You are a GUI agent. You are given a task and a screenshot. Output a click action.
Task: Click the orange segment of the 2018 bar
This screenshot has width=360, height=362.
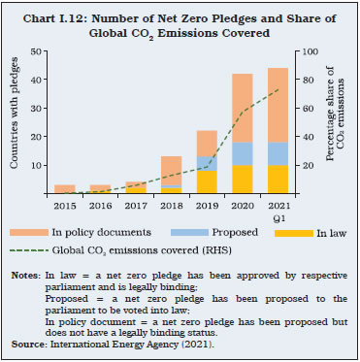click(170, 171)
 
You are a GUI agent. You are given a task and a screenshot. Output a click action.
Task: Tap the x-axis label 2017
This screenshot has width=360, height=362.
click(135, 205)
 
